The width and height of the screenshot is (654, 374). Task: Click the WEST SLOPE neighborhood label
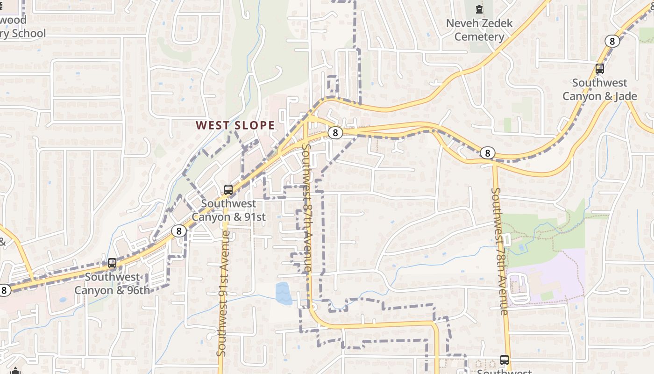click(x=235, y=125)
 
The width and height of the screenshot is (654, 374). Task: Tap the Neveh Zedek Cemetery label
click(x=479, y=30)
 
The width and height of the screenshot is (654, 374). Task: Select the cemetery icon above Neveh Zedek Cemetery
click(x=479, y=9)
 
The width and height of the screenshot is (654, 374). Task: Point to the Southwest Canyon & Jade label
click(x=600, y=89)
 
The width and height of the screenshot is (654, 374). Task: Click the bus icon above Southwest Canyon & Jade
click(x=600, y=69)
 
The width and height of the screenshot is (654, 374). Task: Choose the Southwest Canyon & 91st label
click(x=228, y=210)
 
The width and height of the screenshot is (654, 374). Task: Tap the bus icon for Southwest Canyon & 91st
click(x=228, y=189)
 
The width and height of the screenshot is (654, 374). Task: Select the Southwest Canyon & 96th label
click(x=112, y=284)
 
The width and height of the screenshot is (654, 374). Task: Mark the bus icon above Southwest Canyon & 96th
click(x=112, y=263)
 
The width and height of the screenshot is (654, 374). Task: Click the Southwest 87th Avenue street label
click(x=306, y=208)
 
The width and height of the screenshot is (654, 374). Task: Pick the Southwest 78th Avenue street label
click(x=499, y=251)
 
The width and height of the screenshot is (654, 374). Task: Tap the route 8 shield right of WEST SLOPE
click(x=335, y=133)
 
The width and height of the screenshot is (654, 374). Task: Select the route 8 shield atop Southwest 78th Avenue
click(x=487, y=153)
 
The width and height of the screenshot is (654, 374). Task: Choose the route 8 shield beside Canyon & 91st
click(x=178, y=230)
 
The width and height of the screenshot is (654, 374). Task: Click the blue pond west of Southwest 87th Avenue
click(x=283, y=293)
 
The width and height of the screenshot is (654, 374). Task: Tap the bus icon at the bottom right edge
click(x=505, y=360)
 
